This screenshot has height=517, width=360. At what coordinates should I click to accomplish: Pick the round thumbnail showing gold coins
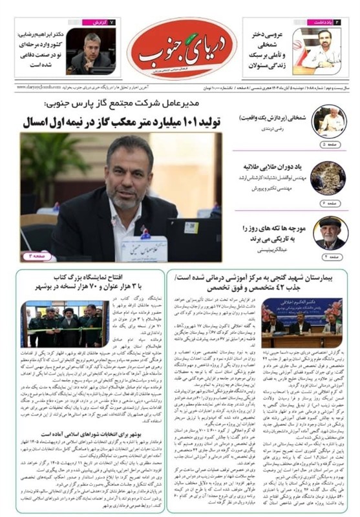328,178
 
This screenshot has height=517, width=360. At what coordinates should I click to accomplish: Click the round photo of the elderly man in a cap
329,233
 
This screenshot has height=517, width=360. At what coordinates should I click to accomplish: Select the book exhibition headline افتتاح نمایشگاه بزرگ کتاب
89,282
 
